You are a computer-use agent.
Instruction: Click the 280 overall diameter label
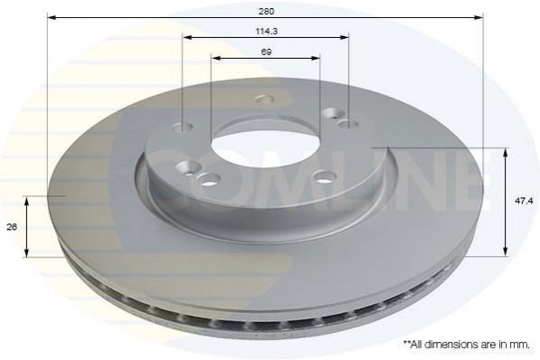266,12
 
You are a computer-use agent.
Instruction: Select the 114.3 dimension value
267,32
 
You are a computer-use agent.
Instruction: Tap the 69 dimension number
266,52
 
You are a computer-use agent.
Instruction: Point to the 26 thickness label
12,227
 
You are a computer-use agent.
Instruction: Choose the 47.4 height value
524,201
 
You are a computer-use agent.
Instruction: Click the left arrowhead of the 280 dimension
52,17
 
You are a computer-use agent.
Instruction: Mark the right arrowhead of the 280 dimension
478,17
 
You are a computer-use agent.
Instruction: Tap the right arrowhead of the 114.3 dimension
344,37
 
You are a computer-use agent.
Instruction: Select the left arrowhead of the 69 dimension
216,58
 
